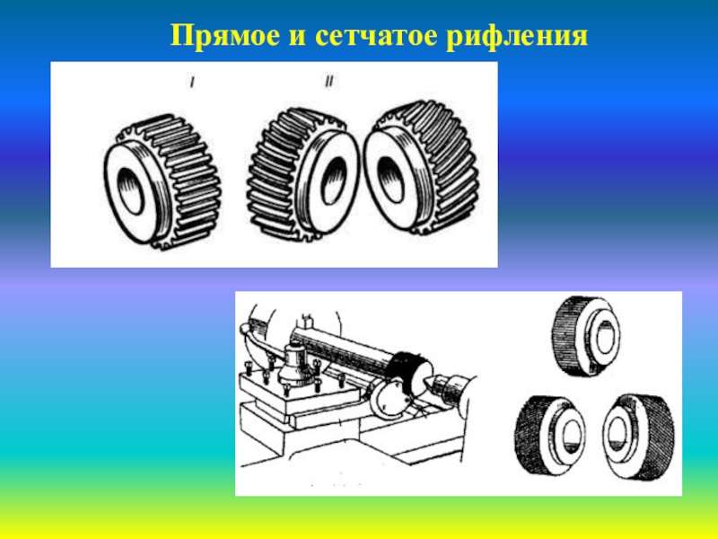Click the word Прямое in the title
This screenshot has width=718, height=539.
click(x=224, y=35)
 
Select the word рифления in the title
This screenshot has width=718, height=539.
click(x=517, y=37)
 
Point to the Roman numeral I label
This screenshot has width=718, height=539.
click(x=192, y=83)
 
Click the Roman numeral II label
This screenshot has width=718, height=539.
click(x=328, y=82)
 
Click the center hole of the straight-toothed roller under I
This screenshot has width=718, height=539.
click(x=131, y=190)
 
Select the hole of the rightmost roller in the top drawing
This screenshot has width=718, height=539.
click(x=390, y=179)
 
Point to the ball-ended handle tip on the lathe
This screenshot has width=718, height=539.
click(x=245, y=328)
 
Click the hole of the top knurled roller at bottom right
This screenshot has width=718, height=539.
click(x=604, y=338)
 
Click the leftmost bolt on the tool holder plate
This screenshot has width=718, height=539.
click(x=249, y=366)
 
